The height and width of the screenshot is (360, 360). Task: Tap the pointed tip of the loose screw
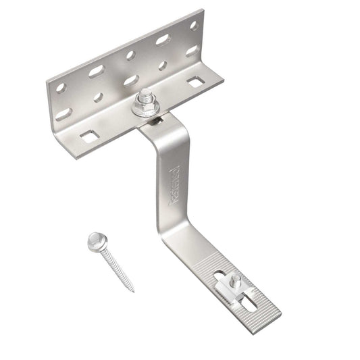tap(132, 290)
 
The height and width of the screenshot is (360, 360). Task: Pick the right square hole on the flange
tap(195, 82)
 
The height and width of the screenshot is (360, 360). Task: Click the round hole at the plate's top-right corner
tap(194, 25)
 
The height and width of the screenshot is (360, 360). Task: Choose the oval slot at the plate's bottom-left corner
tap(63, 113)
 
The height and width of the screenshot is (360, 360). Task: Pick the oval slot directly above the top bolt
tap(131, 80)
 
